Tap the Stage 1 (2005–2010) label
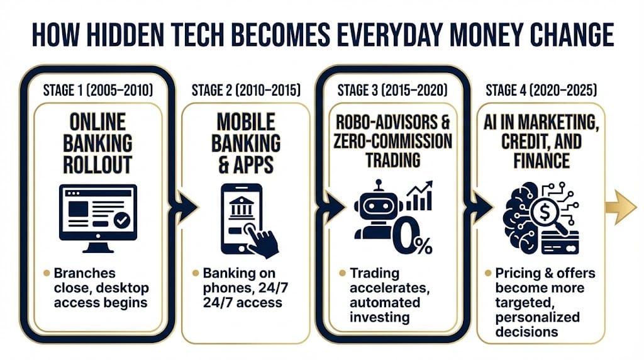click(97, 90)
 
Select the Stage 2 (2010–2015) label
click(246, 90)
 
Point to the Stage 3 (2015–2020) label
click(392, 90)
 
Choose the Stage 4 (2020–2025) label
click(541, 90)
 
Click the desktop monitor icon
click(98, 218)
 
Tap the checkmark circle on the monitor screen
click(121, 220)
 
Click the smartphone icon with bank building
click(241, 218)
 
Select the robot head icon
click(378, 205)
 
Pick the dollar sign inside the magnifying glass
click(545, 213)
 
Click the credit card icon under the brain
click(560, 243)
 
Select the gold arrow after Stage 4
click(621, 207)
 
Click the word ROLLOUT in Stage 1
click(97, 165)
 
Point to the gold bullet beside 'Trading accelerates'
click(342, 273)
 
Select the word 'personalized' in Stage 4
click(537, 317)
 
